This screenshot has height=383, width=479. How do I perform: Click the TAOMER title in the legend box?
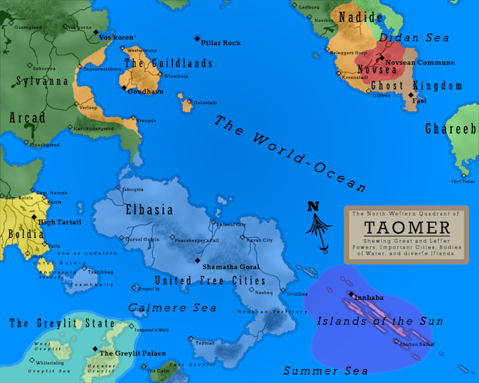406,227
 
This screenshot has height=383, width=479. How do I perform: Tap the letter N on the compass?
313,206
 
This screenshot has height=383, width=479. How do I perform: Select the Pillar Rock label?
220,43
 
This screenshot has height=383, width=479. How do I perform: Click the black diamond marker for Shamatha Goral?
197,260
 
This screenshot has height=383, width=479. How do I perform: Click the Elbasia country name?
149,209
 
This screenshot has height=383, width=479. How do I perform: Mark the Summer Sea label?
325,370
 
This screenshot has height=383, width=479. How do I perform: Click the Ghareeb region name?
452,129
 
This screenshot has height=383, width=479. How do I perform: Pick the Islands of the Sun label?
380,321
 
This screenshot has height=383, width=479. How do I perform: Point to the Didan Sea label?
414,37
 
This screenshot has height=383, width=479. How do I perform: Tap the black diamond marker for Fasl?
411,94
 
